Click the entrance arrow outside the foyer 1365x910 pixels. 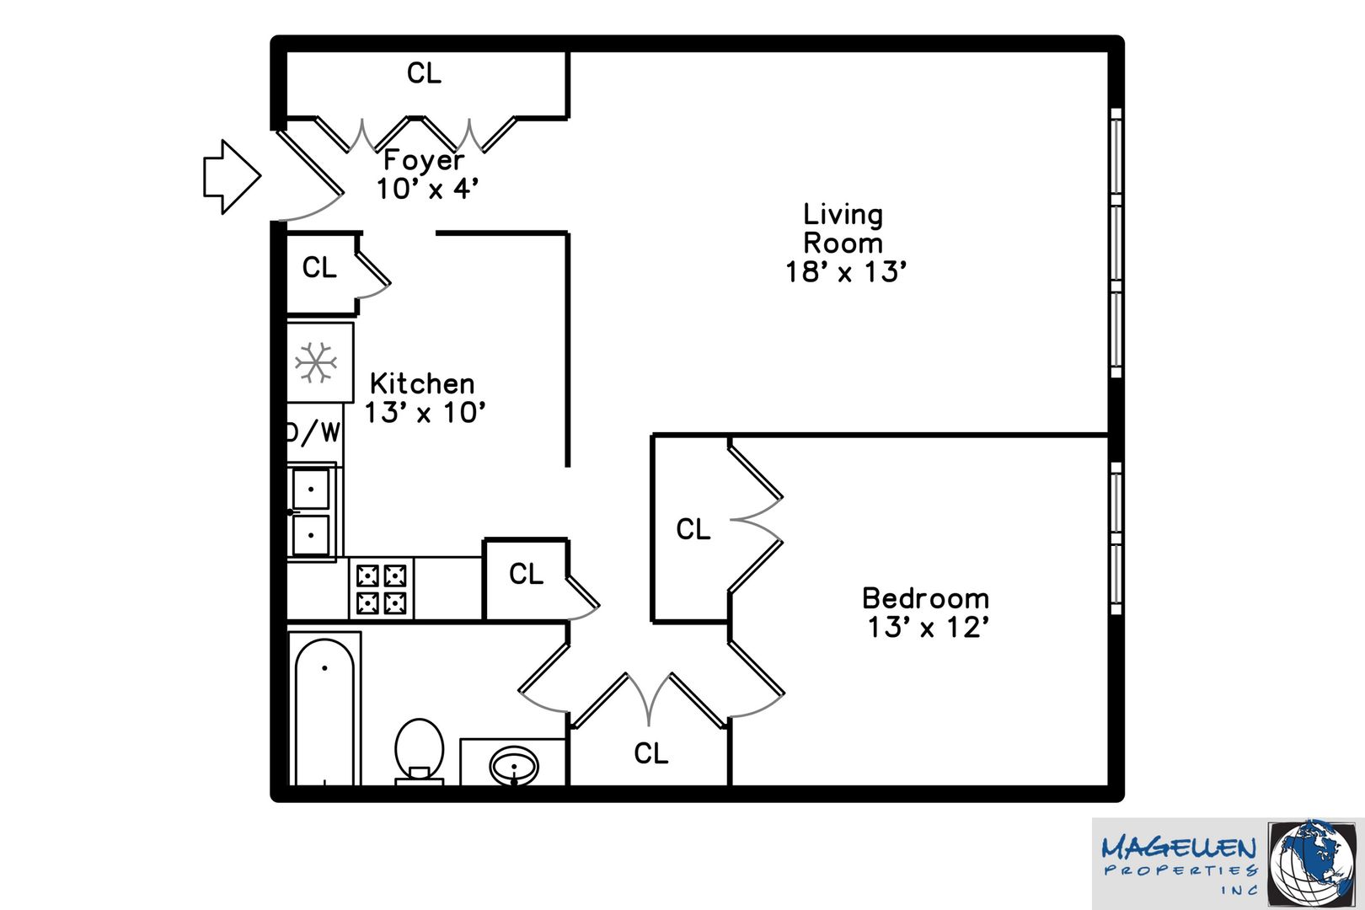[233, 177]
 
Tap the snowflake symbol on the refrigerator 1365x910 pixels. [316, 362]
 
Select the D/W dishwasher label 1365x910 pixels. [313, 432]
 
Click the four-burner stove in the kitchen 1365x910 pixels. [382, 589]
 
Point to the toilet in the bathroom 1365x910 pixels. [420, 751]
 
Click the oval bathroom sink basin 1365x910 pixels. [514, 766]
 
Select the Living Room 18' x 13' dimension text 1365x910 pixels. [846, 272]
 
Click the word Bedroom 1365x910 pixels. [926, 598]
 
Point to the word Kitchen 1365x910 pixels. [422, 384]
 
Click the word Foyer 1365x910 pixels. [424, 160]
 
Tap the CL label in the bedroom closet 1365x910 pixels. [693, 529]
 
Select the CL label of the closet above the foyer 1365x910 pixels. [424, 73]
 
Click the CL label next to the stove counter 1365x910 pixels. [526, 574]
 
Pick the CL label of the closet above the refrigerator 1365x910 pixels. [319, 268]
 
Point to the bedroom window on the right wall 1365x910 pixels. [1116, 538]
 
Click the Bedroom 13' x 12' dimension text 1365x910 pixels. [928, 627]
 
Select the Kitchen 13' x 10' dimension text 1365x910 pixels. [425, 413]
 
